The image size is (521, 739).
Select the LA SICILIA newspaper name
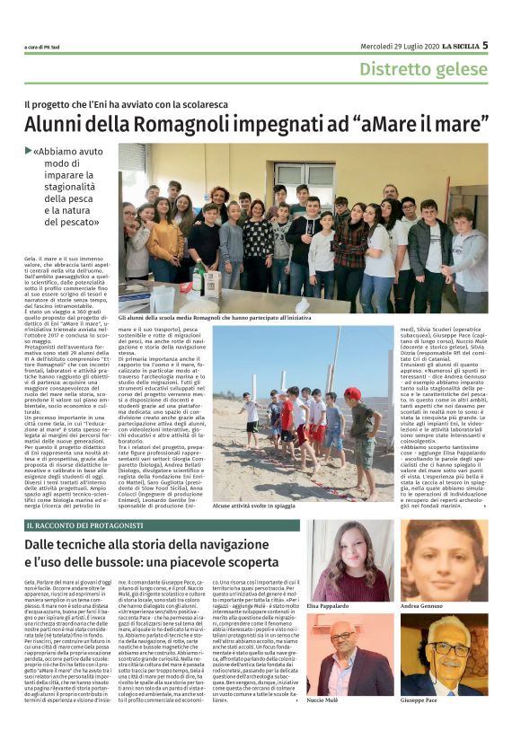[x=457, y=46]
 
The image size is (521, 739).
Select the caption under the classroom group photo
[x=212, y=318]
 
